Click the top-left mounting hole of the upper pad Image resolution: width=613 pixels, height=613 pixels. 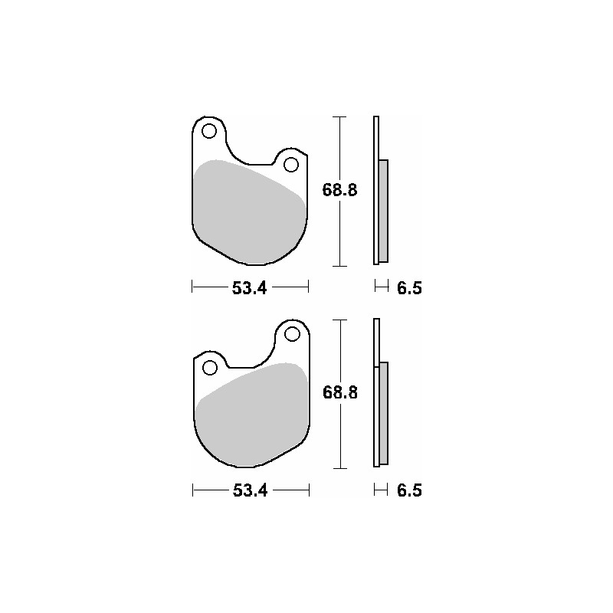(209, 131)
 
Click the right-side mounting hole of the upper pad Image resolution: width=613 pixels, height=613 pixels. (291, 165)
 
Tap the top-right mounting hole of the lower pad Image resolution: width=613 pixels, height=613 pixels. (292, 334)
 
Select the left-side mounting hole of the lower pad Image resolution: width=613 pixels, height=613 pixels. (210, 368)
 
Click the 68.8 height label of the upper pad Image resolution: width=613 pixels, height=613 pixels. (339, 190)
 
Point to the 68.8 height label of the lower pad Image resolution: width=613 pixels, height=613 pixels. (340, 392)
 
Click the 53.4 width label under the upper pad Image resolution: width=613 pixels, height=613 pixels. (250, 288)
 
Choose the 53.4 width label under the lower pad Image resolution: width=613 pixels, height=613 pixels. (251, 490)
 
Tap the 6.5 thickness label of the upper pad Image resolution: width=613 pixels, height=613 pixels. (410, 288)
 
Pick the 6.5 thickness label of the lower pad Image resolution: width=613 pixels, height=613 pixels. (410, 490)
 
